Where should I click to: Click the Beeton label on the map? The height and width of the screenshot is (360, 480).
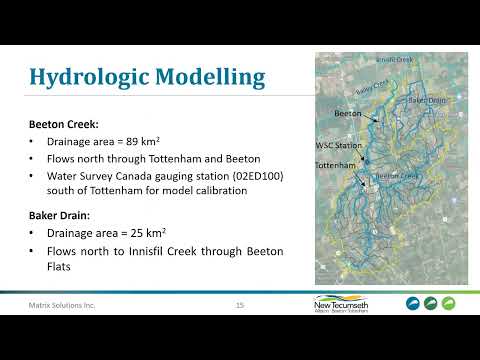click(347, 116)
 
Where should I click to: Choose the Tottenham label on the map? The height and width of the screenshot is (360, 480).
click(335, 165)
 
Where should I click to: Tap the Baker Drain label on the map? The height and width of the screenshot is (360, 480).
click(423, 101)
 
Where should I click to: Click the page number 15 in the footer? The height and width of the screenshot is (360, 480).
click(240, 304)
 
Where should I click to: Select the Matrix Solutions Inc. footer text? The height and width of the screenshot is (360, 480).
click(62, 304)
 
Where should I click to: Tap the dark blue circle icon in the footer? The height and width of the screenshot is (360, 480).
click(413, 304)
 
